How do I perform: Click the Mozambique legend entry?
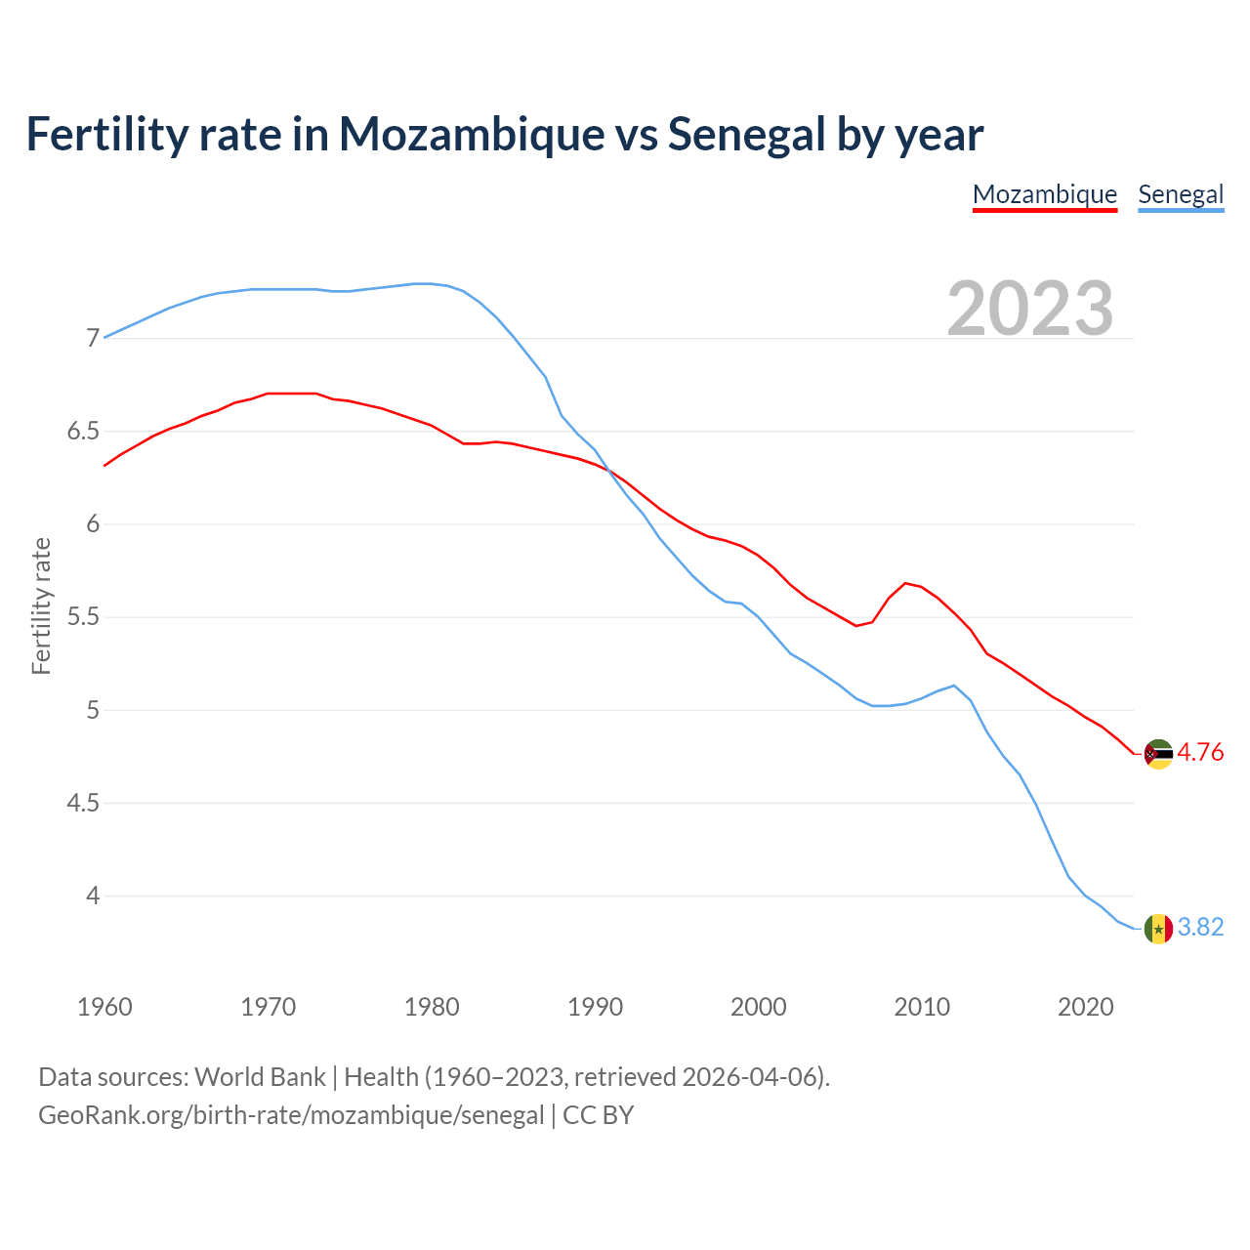click(x=1045, y=194)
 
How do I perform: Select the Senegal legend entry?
click(x=1181, y=194)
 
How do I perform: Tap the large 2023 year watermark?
click(x=1030, y=309)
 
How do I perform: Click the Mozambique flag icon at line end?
click(x=1158, y=754)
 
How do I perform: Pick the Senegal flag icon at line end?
click(x=1158, y=928)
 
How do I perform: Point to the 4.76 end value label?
click(x=1200, y=752)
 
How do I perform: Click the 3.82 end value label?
click(x=1200, y=927)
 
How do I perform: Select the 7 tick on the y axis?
click(x=94, y=339)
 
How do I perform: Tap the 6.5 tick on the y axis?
click(x=84, y=432)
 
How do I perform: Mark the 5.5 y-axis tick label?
click(x=84, y=617)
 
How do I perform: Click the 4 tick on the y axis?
click(x=94, y=896)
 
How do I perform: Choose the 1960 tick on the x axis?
click(x=104, y=1007)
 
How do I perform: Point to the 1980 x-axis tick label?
click(x=432, y=1007)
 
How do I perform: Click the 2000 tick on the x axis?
click(x=759, y=1007)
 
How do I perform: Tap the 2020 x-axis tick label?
click(x=1085, y=1007)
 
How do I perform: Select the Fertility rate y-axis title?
click(x=41, y=605)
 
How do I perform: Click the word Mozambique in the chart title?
click(x=472, y=134)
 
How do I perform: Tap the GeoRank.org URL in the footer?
click(x=291, y=1114)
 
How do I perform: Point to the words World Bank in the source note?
click(x=260, y=1076)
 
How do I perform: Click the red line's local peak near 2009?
click(x=905, y=583)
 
